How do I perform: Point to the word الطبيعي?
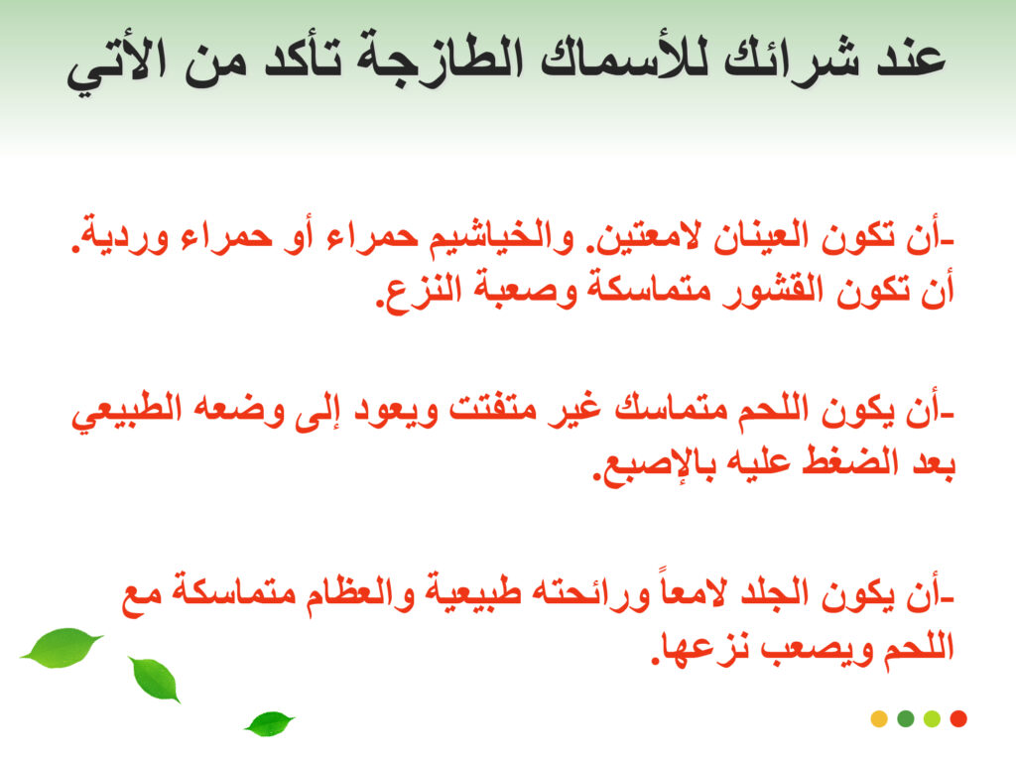coord(126,414)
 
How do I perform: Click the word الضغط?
coord(850,464)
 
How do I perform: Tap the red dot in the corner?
coord(958,718)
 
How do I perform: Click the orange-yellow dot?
coord(879,718)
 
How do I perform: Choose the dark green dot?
coord(906,718)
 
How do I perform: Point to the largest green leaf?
coord(63,647)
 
